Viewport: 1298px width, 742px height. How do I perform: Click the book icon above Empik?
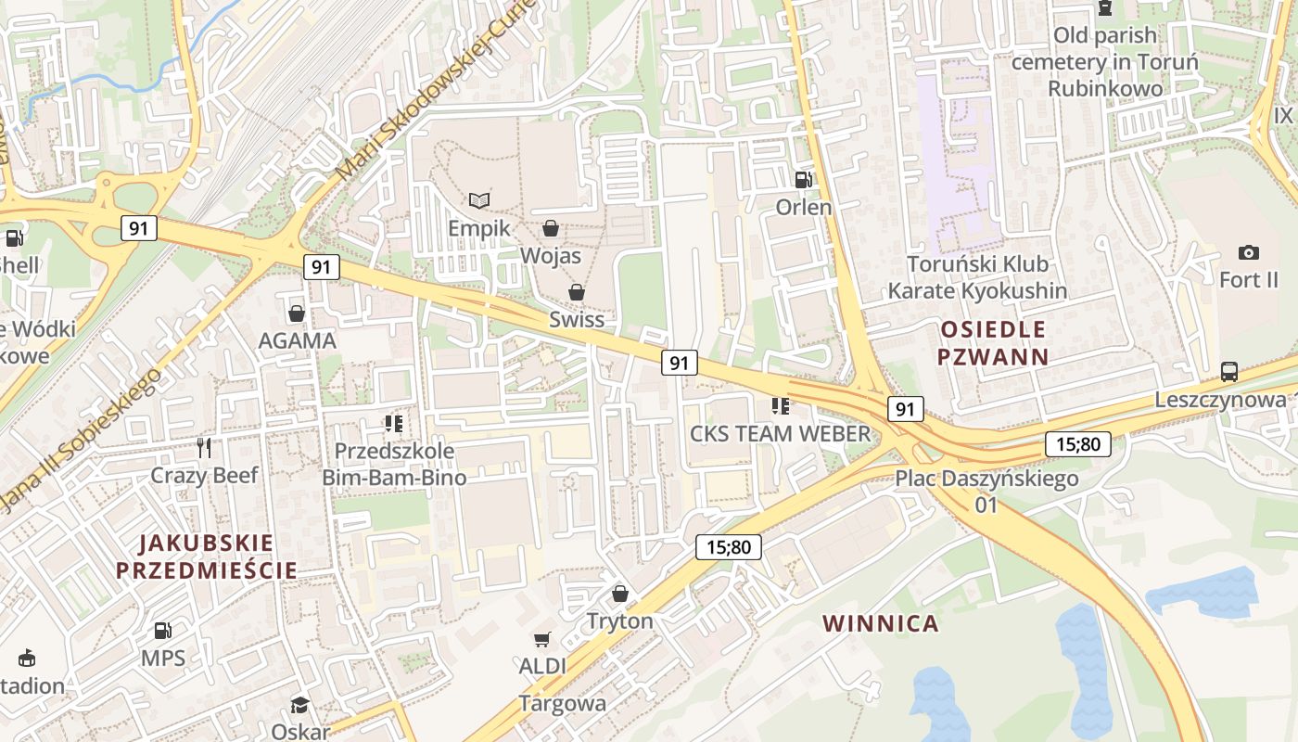point(478,200)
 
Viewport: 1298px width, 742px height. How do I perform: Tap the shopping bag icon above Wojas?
point(551,228)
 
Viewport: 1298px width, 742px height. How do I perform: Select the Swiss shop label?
point(576,319)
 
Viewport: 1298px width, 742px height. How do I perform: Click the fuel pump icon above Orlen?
point(803,179)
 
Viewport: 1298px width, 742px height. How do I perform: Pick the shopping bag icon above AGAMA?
point(297,313)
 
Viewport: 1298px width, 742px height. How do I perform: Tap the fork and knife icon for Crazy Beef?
point(204,448)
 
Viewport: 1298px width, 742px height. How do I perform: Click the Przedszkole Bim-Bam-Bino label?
point(394,465)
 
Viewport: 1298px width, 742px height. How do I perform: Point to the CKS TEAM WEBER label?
point(780,433)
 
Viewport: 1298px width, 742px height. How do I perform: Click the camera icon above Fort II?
point(1248,252)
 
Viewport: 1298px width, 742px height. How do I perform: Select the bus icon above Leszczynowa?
point(1228,372)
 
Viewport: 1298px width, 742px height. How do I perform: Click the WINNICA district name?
point(881,623)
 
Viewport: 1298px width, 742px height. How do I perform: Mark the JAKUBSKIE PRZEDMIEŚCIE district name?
point(207,556)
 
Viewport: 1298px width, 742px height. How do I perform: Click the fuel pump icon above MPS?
point(162,631)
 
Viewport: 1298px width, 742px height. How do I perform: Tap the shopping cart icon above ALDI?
point(541,639)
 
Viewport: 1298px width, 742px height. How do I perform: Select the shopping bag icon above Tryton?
point(619,594)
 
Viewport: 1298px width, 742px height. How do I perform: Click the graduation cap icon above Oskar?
point(299,705)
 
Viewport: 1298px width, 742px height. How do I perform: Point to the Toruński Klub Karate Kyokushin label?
point(977,277)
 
